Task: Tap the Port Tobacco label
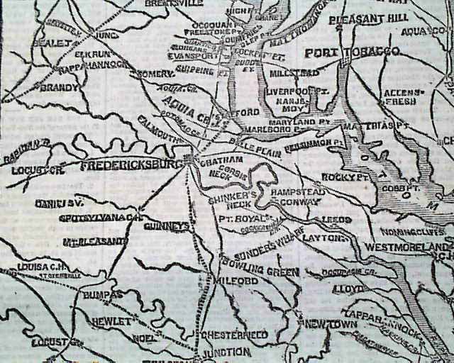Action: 351,53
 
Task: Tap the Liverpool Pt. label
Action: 292,91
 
